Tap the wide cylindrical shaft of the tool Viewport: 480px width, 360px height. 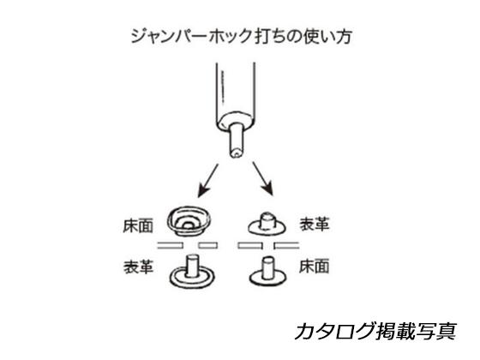(x=236, y=90)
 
